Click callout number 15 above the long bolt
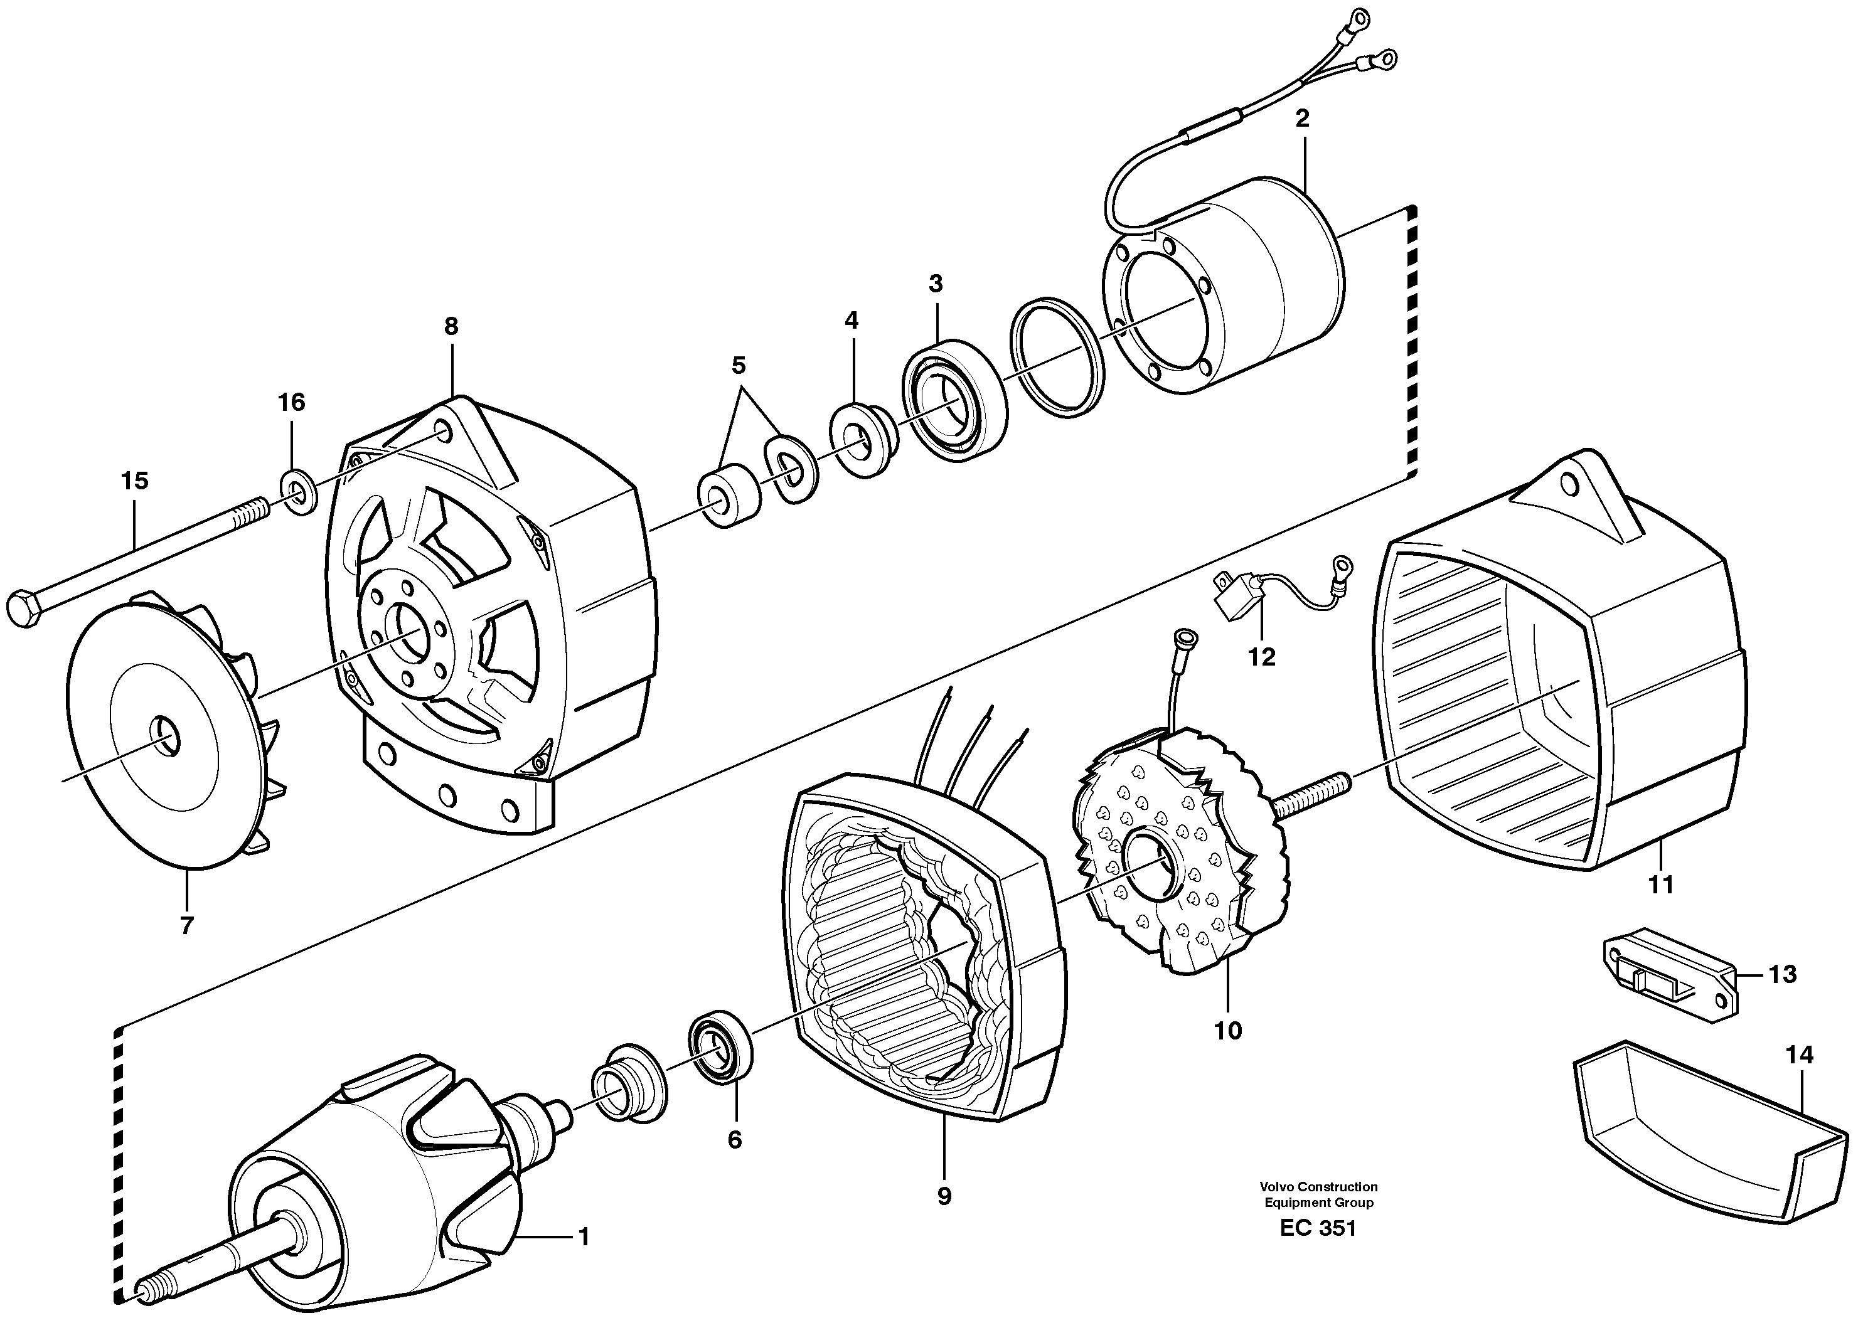click(135, 481)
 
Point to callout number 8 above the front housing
click(451, 326)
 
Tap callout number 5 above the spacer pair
click(738, 365)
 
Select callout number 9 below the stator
click(943, 1196)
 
